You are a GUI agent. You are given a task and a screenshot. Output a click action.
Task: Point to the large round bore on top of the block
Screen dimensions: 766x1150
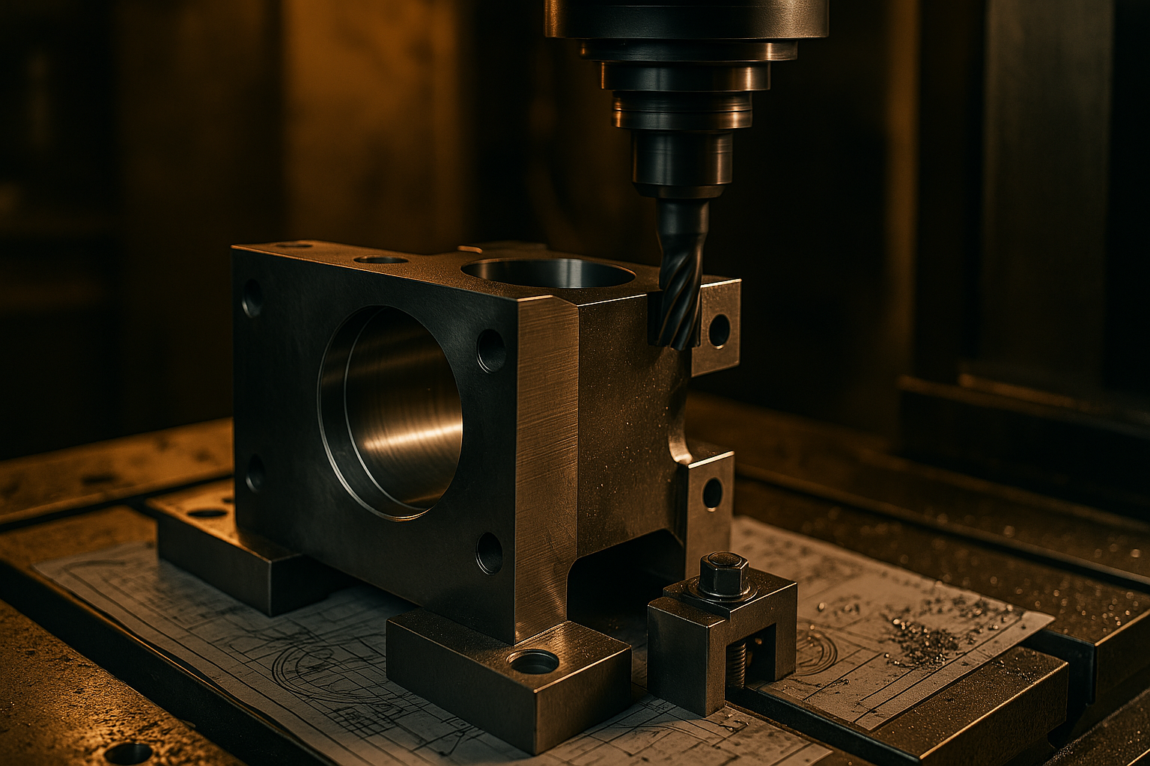tap(548, 273)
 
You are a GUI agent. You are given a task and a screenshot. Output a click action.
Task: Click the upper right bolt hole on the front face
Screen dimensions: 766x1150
tap(490, 350)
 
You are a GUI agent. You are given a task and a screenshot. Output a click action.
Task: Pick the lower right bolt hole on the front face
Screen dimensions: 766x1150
tap(489, 553)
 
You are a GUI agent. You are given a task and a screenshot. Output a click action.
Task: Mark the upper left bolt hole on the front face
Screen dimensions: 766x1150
tap(252, 298)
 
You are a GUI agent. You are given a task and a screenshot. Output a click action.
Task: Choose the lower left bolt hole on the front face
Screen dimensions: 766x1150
tap(255, 473)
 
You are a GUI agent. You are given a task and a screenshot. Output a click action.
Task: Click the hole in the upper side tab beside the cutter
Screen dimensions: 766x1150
tap(718, 330)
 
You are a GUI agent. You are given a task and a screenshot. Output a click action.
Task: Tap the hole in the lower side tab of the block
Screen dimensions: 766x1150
tap(711, 494)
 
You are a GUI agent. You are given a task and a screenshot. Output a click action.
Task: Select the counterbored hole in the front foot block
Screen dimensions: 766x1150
tap(533, 661)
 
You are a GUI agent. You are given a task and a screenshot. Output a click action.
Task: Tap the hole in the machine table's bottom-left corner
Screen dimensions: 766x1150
tap(127, 754)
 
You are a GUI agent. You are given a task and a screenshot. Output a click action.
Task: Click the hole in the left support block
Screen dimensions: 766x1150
tap(207, 513)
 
